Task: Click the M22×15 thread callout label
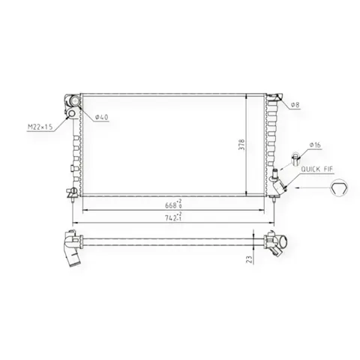coord(40,127)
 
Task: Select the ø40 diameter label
coord(102,117)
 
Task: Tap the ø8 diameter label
coord(295,105)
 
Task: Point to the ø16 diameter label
coord(315,145)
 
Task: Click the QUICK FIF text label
coord(317,169)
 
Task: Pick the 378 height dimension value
coord(241,145)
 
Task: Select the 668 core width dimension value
coord(173,205)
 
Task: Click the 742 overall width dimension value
coord(173,217)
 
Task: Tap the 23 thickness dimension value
coord(249,259)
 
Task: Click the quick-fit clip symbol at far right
coord(339,188)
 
